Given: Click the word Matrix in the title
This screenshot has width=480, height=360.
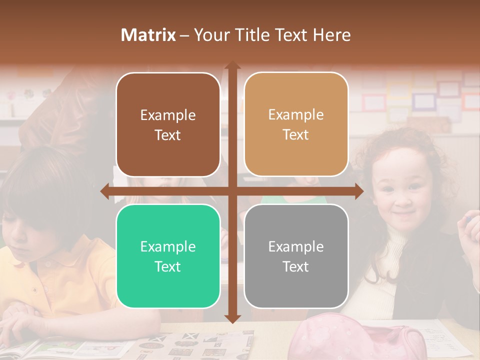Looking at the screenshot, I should [148, 35].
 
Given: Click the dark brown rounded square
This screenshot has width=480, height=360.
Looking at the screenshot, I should [168, 125].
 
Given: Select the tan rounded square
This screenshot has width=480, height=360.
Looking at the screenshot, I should [296, 124].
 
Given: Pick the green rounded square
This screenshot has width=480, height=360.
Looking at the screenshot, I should [168, 256].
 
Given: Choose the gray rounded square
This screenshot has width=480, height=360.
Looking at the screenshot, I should [296, 256].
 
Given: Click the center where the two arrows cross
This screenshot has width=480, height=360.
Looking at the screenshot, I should [232, 190].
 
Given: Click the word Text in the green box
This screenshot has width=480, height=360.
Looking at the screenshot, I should [168, 266].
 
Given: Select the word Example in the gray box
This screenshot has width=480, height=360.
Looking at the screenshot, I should [296, 246].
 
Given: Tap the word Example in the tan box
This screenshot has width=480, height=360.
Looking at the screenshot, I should [296, 115].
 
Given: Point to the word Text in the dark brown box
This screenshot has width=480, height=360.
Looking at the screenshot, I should [168, 135].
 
